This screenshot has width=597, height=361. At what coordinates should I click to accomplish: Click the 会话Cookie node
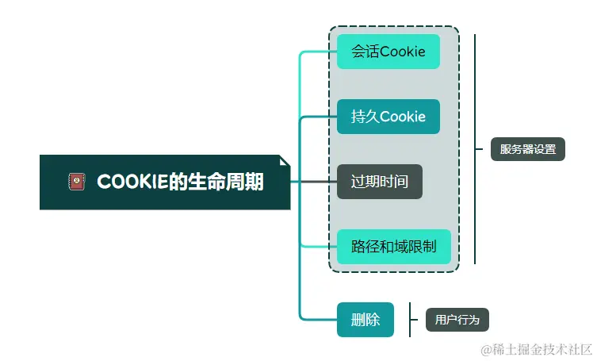[388, 52]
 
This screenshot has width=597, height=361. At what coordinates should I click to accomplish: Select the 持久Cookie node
[388, 117]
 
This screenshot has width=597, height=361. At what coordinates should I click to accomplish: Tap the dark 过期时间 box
[379, 182]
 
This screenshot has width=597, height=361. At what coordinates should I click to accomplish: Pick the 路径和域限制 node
[393, 247]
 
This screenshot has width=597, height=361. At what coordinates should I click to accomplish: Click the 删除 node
[365, 320]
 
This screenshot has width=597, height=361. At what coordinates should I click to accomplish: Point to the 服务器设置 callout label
[527, 149]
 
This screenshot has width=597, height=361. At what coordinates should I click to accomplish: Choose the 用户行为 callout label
[457, 320]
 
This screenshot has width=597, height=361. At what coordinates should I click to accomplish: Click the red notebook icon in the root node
[76, 182]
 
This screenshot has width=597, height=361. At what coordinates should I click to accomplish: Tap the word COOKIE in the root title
[132, 182]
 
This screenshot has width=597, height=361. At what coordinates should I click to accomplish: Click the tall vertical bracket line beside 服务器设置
[475, 149]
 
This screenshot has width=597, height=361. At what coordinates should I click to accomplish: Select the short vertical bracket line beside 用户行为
[410, 320]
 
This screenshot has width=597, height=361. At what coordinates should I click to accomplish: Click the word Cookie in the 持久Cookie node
[403, 117]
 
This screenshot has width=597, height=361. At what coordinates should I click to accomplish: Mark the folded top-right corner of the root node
[285, 160]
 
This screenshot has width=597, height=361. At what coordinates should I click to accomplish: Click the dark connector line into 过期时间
[313, 182]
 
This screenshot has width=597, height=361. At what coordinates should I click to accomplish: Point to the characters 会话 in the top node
[365, 52]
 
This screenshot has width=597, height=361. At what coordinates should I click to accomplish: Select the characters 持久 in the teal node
[365, 117]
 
